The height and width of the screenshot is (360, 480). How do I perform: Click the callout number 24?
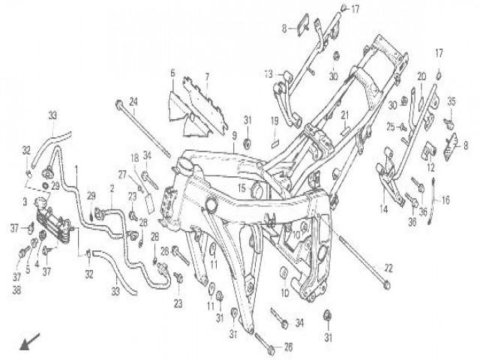(133, 101)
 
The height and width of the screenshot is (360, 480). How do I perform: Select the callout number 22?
(388, 268)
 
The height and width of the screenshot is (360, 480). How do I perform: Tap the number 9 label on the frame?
(234, 135)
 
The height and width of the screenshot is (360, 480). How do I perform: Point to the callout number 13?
(268, 74)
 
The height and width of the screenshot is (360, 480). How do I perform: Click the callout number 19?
(275, 121)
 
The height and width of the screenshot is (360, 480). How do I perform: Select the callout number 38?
(17, 289)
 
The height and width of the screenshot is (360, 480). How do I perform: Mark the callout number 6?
(172, 73)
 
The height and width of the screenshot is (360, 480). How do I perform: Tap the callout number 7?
(207, 76)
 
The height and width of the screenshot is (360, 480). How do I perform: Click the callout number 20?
(421, 76)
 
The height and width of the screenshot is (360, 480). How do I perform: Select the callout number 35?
(452, 101)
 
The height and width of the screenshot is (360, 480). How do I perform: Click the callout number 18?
(136, 158)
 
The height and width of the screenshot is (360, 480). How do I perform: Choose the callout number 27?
(121, 174)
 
